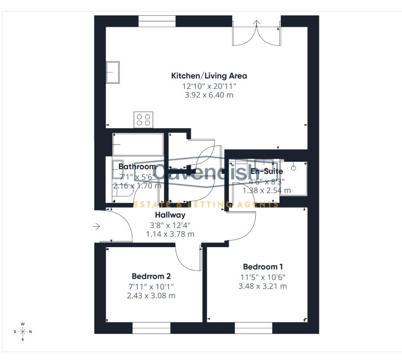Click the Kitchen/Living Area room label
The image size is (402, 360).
click(x=209, y=76)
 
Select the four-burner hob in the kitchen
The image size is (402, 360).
click(x=144, y=120)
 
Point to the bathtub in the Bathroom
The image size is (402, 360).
click(x=138, y=144)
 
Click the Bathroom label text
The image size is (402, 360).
click(x=137, y=166)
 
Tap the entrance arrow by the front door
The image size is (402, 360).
click(x=97, y=227)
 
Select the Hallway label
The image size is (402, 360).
click(x=170, y=215)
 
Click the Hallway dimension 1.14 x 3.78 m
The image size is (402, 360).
click(x=170, y=234)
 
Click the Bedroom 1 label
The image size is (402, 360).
click(x=262, y=267)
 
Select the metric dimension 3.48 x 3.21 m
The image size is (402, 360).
click(x=262, y=286)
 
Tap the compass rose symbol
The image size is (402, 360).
click(x=23, y=331)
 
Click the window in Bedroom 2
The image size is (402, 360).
click(x=151, y=328)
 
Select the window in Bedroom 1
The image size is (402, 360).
click(x=253, y=328)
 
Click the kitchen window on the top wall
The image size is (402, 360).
click(x=157, y=21)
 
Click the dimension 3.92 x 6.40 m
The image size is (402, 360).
click(x=209, y=95)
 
